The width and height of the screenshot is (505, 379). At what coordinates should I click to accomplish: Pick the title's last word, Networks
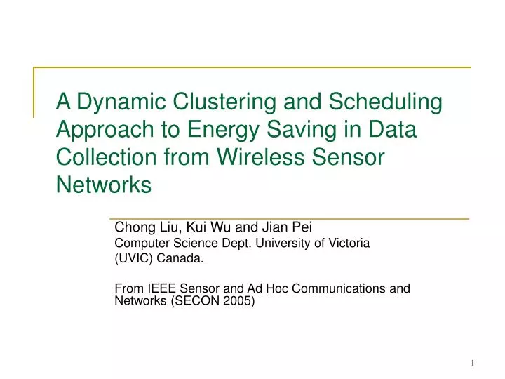point(104,185)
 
